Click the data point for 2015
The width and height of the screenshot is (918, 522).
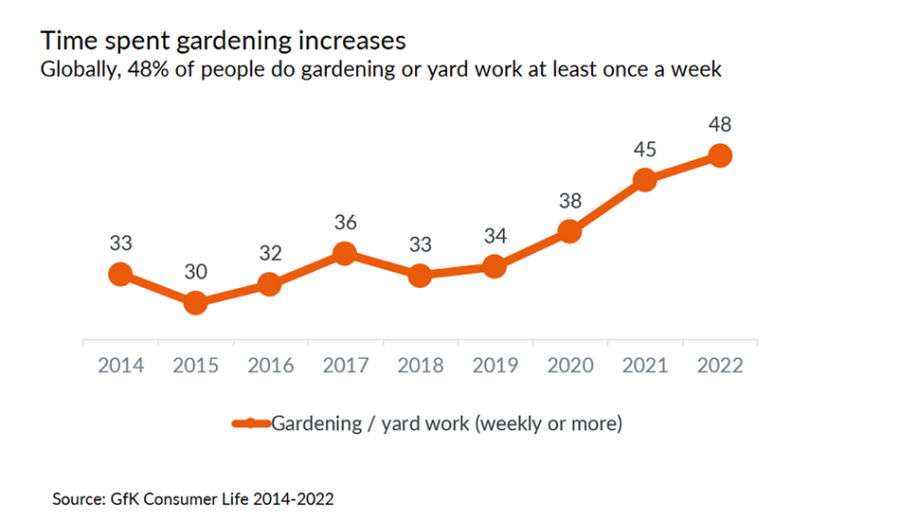195,303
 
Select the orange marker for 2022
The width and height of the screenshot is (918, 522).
720,155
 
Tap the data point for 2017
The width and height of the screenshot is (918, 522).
345,253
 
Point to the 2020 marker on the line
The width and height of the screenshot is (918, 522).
569,231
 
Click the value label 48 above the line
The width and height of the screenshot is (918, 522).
720,124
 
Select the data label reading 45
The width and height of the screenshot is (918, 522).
644,150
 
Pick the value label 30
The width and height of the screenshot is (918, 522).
195,272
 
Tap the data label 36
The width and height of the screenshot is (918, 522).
346,223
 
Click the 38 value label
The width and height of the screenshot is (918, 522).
570,201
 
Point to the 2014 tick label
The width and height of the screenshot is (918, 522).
120,365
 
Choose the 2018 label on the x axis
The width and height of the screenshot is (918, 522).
421,365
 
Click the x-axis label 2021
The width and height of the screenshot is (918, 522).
644,365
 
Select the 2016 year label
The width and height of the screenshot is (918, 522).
271,365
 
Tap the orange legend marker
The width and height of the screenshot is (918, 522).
250,423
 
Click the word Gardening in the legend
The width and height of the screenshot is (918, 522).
316,423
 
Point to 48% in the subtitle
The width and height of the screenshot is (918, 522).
148,69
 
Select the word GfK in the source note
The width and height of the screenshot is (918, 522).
124,498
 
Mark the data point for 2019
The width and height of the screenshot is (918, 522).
495,266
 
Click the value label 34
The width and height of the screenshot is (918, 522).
495,236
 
